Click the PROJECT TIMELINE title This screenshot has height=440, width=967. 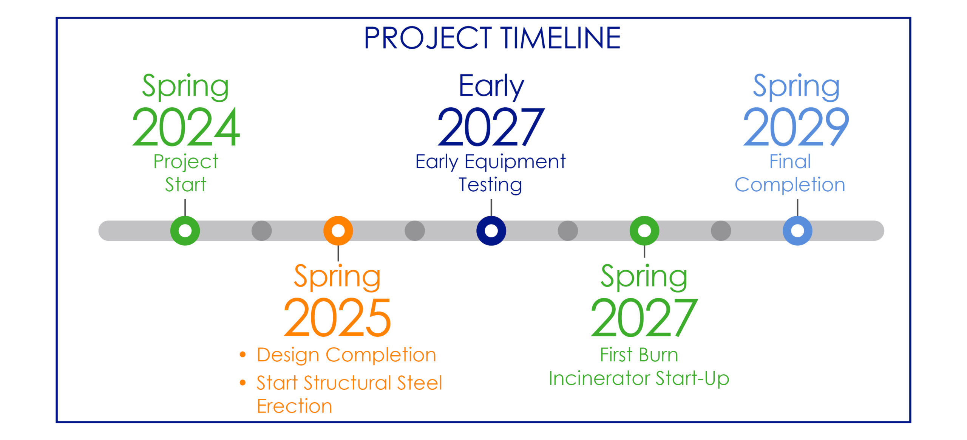point(492,38)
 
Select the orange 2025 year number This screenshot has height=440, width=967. point(337,317)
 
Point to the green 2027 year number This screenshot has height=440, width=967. point(644,317)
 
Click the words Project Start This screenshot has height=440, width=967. point(185,173)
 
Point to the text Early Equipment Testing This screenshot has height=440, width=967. point(490,173)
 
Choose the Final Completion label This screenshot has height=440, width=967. point(790,173)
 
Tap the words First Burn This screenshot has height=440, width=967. point(639,355)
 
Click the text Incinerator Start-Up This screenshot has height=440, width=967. point(639,378)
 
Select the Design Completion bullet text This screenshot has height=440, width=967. point(346,355)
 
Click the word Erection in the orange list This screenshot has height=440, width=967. point(294,406)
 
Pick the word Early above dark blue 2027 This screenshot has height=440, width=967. point(491,87)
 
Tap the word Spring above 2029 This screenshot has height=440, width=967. point(796,87)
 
